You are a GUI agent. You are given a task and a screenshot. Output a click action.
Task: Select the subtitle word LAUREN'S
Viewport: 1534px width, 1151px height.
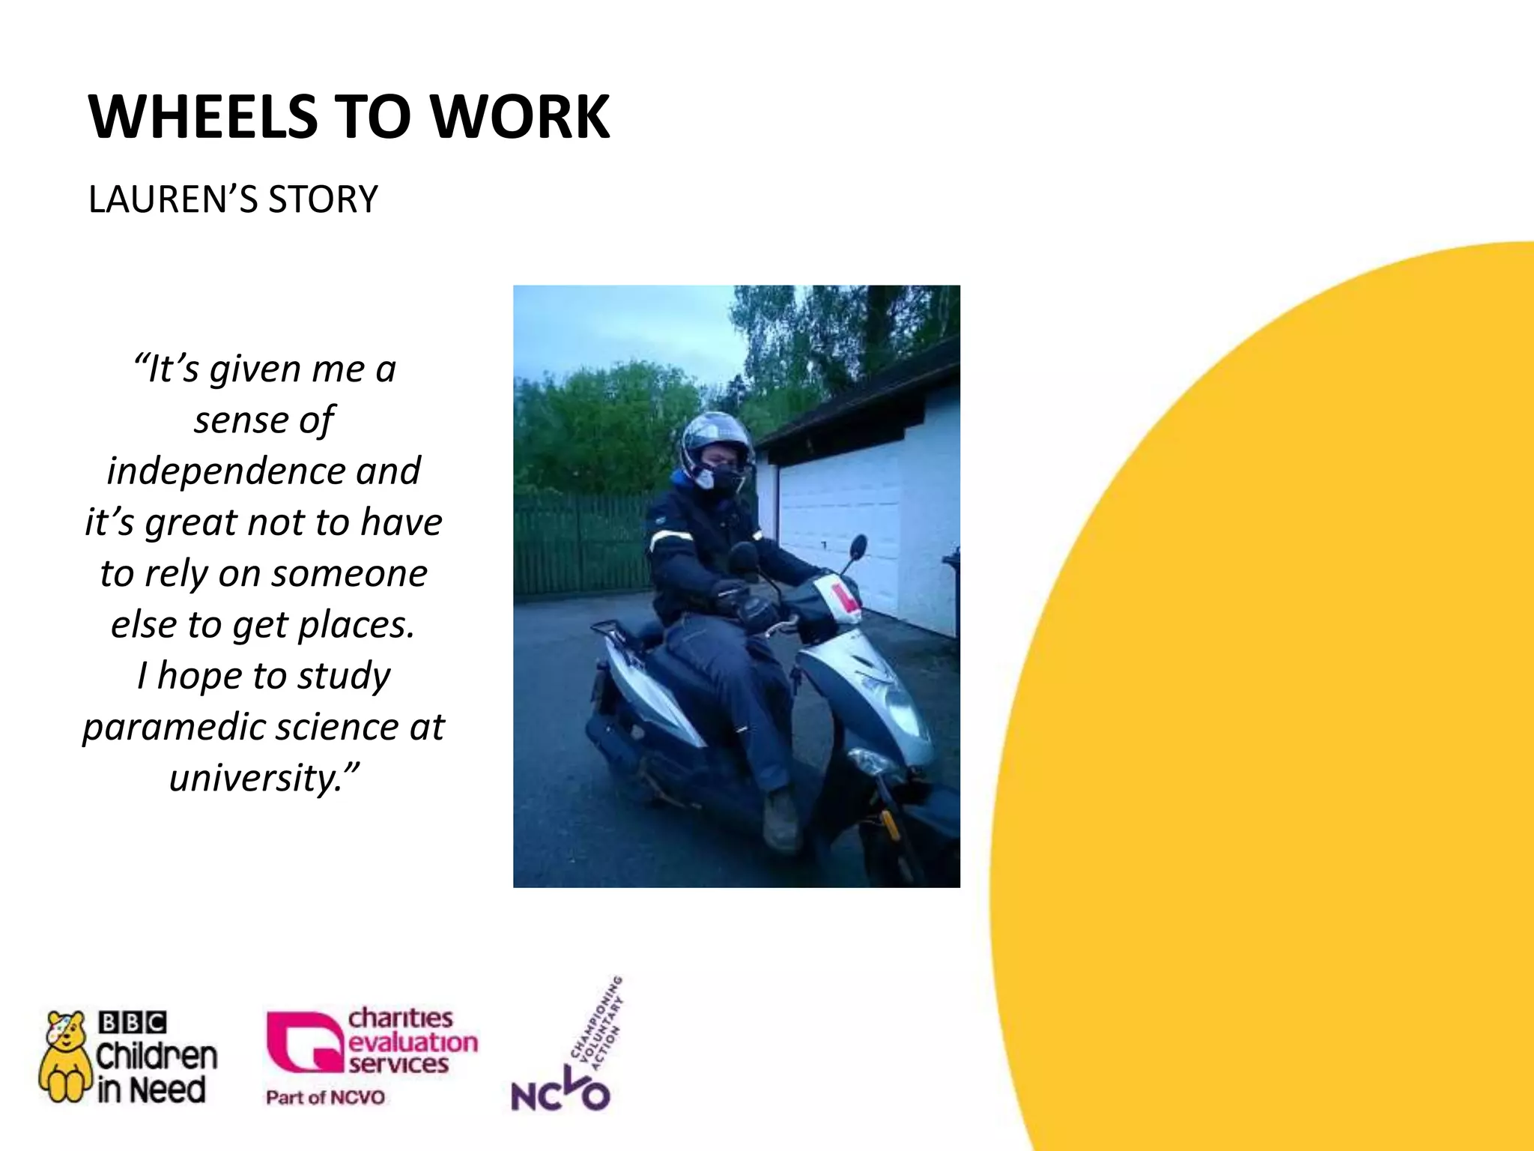click(173, 200)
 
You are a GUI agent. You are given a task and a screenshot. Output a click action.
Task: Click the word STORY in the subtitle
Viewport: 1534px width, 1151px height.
click(323, 200)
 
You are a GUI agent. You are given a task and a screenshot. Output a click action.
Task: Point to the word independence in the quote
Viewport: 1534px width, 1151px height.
click(225, 472)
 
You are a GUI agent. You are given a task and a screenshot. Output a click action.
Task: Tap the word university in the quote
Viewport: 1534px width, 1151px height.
click(255, 779)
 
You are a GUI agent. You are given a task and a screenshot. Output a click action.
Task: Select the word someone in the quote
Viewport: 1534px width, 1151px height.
click(349, 575)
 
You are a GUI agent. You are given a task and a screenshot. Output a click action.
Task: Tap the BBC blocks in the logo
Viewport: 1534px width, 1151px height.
click(133, 1023)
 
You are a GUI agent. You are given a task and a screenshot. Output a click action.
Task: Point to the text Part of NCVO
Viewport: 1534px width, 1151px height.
click(325, 1098)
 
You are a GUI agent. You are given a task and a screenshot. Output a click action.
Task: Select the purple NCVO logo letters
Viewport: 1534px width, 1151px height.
click(560, 1095)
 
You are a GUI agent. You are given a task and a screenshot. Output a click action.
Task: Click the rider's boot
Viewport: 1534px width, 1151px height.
click(780, 822)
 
